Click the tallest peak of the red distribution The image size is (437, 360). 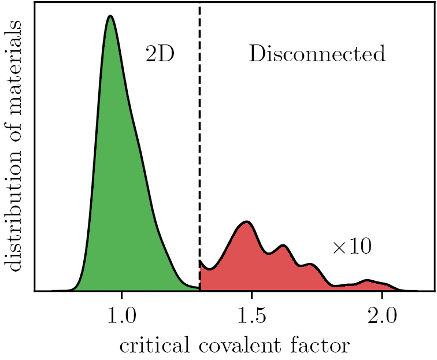click(x=247, y=222)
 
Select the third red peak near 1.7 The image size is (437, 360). click(x=311, y=265)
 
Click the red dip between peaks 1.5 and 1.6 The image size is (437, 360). click(x=268, y=253)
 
